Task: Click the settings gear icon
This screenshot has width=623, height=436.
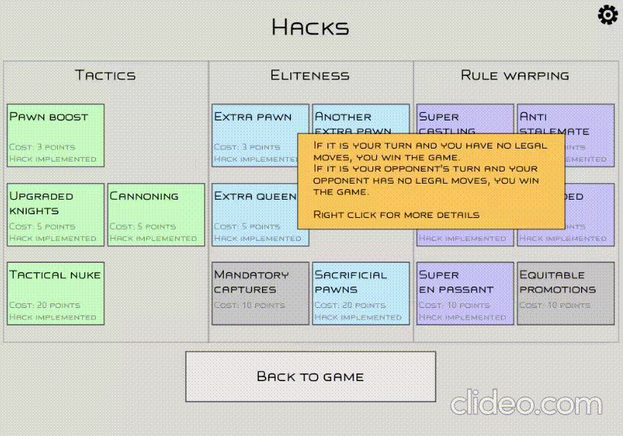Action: tap(608, 14)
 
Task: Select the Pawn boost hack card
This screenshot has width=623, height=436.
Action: tap(56, 136)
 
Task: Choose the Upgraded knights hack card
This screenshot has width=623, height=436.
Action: tap(56, 215)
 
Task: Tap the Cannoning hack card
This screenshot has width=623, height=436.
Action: tap(156, 215)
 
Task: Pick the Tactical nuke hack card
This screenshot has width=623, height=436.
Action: tap(56, 293)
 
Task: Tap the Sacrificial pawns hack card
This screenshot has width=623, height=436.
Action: tap(361, 293)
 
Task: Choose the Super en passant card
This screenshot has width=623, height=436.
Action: tap(465, 293)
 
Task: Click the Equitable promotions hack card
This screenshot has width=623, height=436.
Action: tap(565, 293)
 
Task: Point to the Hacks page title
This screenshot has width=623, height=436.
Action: tap(311, 28)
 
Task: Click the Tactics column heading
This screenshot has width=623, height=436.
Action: tap(105, 75)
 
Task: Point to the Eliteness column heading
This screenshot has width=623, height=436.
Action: tap(310, 75)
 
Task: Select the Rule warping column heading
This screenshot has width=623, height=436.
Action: tap(515, 75)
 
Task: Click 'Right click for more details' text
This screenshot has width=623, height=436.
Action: tap(396, 215)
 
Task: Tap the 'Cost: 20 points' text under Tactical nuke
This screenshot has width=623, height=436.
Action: tap(44, 306)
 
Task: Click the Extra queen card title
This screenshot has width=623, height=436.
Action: tap(254, 197)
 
